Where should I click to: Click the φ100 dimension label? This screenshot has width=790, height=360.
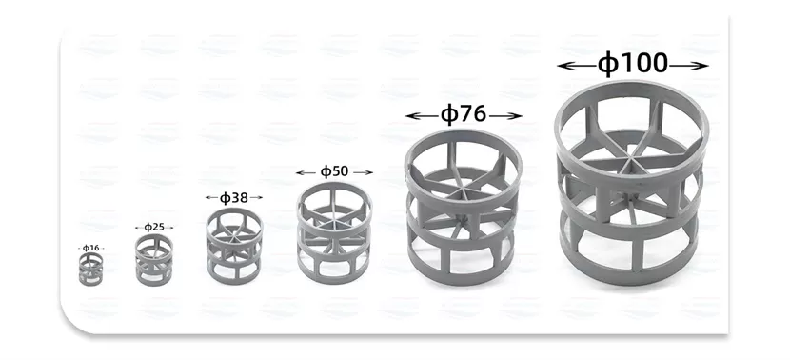[x=633, y=64]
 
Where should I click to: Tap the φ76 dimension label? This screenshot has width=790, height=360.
[x=464, y=115]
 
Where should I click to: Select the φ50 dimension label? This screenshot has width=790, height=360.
[x=334, y=172]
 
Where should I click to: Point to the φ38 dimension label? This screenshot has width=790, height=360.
[x=234, y=198]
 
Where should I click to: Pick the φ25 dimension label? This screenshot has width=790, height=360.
[x=154, y=227]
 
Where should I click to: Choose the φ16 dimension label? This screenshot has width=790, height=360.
[x=90, y=248]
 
